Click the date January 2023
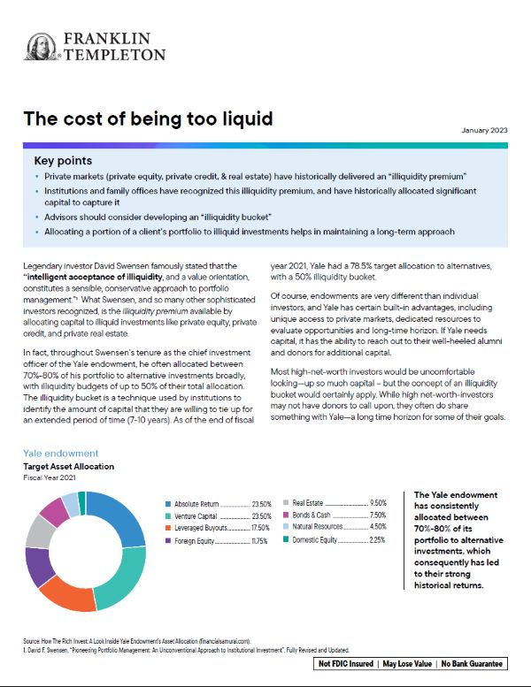(x=484, y=131)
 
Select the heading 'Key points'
(x=63, y=161)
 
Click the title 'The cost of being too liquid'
(x=148, y=118)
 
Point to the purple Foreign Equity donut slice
(x=38, y=566)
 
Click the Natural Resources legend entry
(x=329, y=526)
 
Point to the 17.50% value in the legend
(x=258, y=527)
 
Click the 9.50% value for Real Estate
(x=379, y=501)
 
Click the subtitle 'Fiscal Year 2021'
(x=53, y=477)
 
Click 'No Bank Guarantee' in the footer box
(x=468, y=664)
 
